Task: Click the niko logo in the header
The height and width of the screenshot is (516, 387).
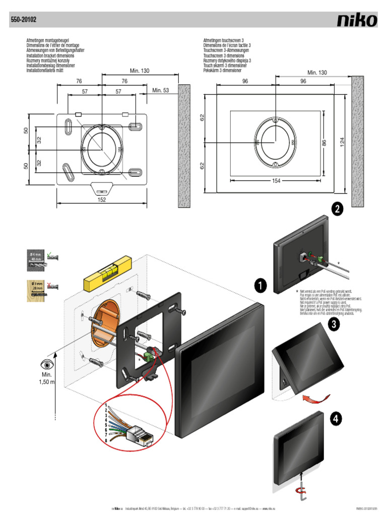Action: [x=357, y=20]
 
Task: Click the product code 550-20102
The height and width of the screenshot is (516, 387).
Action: [x=23, y=21]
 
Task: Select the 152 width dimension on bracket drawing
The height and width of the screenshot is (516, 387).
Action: [x=102, y=200]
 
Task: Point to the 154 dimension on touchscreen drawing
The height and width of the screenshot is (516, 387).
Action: [x=275, y=180]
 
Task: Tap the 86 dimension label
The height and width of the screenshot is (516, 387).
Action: [x=324, y=143]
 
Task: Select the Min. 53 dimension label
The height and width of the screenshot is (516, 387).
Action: [x=161, y=91]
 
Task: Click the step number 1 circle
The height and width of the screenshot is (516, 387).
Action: [x=260, y=286]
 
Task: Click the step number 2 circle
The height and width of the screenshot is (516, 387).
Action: [x=337, y=210]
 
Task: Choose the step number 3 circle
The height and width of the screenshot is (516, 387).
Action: [x=333, y=325]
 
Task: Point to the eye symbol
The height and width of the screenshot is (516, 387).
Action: [x=46, y=364]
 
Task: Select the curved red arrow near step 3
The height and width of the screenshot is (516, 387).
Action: [x=312, y=399]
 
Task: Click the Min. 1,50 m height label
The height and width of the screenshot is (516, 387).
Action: [x=47, y=378]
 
